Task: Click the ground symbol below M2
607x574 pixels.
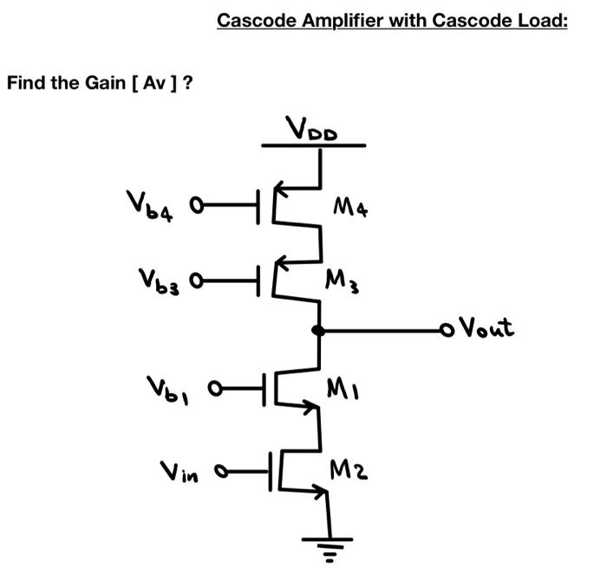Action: pyautogui.click(x=329, y=545)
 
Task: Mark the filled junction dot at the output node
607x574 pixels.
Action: pyautogui.click(x=319, y=330)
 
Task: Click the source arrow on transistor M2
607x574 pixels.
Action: pyautogui.click(x=320, y=494)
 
